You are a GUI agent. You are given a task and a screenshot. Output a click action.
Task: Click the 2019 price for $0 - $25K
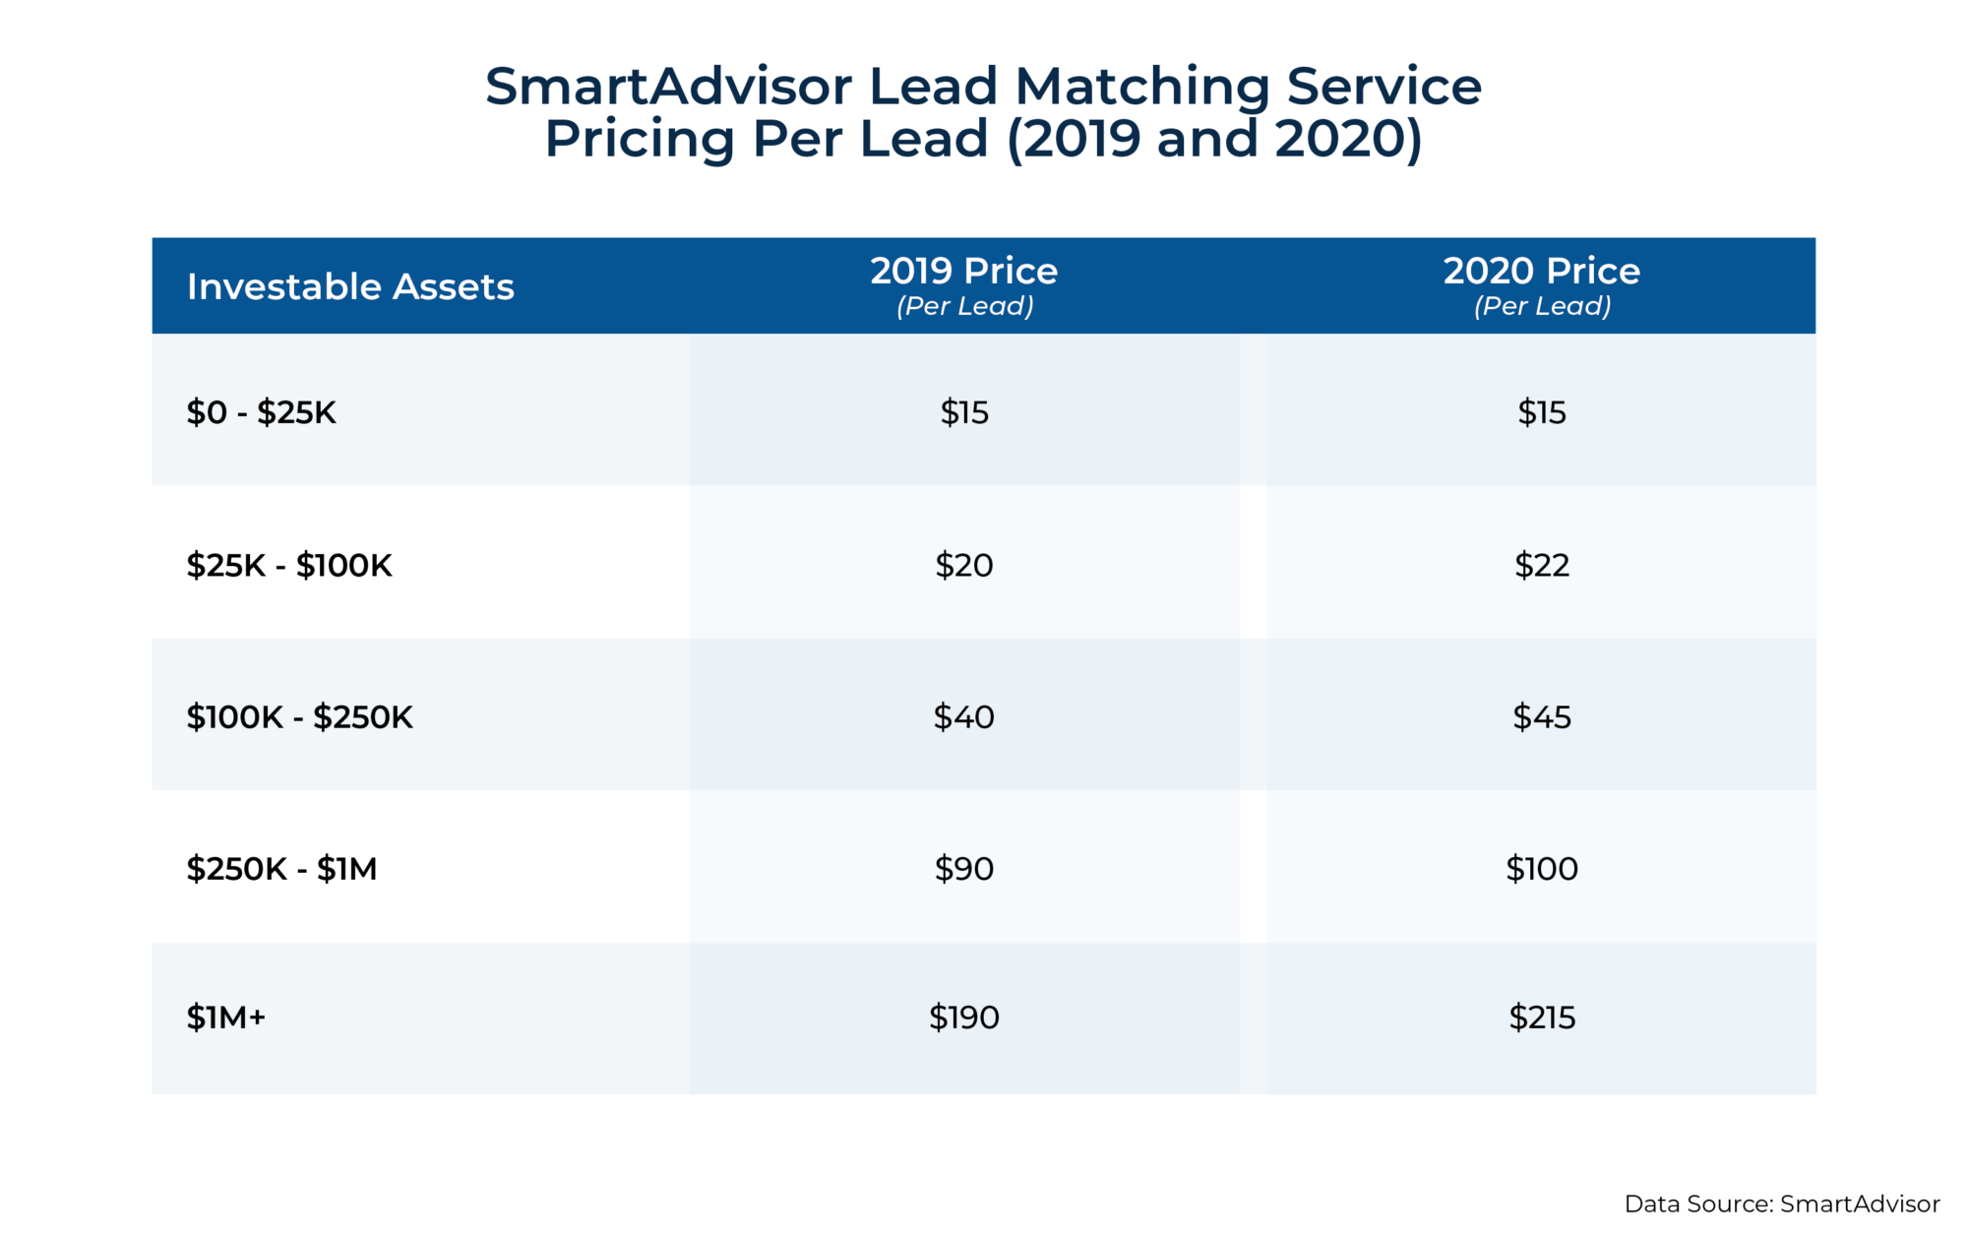point(963,412)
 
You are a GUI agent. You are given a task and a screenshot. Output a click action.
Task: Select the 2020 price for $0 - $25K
point(1541,412)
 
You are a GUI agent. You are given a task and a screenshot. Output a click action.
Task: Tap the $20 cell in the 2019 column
point(963,565)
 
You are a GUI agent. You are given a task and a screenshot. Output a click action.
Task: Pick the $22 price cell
point(1541,565)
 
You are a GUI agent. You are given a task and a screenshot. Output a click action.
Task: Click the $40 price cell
point(963,716)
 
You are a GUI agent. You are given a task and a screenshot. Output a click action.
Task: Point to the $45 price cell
point(1541,716)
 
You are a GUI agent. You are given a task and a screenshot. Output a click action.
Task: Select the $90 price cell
point(963,869)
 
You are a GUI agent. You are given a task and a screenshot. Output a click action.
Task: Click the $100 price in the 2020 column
point(1541,869)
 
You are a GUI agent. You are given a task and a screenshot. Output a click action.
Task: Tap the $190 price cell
point(963,1018)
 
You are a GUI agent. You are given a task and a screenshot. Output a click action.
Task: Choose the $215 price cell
point(1541,1018)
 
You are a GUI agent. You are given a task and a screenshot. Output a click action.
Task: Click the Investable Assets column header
point(350,286)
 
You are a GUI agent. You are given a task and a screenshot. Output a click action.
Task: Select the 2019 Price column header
point(963,271)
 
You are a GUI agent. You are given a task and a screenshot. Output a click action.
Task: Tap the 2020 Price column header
point(1541,271)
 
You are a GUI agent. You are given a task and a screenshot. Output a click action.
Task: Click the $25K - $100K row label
point(289,565)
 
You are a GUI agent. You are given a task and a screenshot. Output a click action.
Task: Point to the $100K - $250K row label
point(299,716)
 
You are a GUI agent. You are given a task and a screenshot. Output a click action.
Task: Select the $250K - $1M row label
point(281,869)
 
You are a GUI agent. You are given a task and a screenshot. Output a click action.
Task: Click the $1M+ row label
point(226,1018)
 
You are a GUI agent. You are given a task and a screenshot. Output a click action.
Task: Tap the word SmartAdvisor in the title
point(668,87)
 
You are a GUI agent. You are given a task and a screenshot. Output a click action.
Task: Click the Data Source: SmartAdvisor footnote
point(1781,1204)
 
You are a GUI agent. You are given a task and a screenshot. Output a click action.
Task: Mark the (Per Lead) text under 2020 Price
point(1541,306)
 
